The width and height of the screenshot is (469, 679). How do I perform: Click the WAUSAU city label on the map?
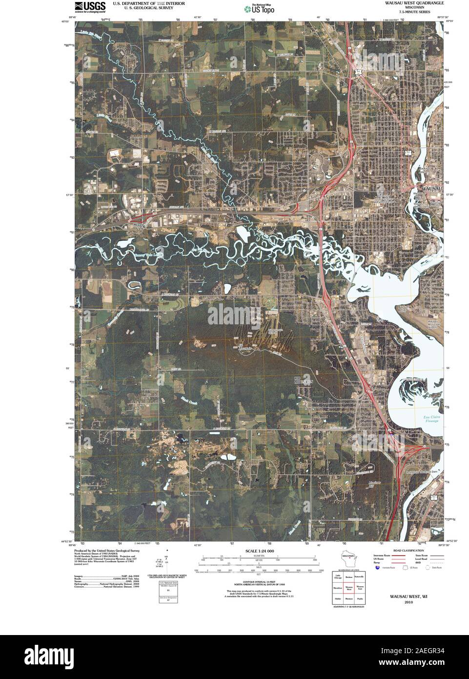(431, 188)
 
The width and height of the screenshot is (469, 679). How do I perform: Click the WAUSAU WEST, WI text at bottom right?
(408, 596)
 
